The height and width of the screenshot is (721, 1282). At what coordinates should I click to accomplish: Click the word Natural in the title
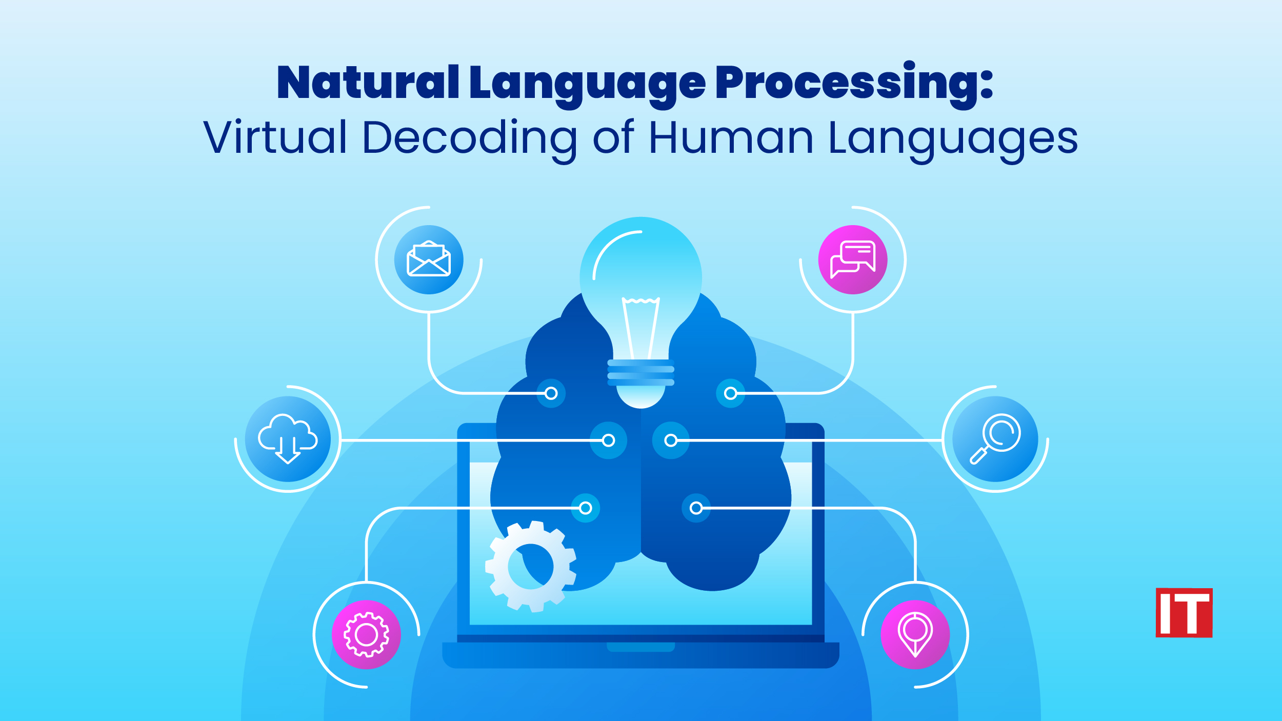point(368,83)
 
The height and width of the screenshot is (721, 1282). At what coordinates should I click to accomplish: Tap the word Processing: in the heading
point(854,83)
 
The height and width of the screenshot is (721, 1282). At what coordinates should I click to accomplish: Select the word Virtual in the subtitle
point(275,137)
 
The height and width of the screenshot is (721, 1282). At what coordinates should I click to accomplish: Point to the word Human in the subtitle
point(731,137)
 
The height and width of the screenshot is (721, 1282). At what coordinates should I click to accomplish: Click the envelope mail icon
point(429,259)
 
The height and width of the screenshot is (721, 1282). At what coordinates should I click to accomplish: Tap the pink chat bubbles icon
point(853,259)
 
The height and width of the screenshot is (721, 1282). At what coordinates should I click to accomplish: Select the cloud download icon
point(288,439)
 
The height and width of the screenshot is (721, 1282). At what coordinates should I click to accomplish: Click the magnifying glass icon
point(995,439)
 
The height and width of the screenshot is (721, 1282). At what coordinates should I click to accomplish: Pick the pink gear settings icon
point(366,635)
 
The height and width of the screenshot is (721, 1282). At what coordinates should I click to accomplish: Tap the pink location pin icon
point(915,635)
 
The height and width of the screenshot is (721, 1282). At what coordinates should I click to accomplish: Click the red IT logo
point(1184,613)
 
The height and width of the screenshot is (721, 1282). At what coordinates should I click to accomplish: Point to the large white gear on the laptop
point(531,567)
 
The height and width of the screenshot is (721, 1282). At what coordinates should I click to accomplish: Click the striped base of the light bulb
point(640,373)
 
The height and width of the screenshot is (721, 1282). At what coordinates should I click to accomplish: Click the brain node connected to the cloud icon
point(608,440)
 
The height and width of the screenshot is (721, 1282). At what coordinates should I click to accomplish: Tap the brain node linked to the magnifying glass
point(671,440)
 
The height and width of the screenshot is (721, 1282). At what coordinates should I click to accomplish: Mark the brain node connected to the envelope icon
point(551,393)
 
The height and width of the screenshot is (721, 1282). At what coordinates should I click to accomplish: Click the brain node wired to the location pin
point(696,508)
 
